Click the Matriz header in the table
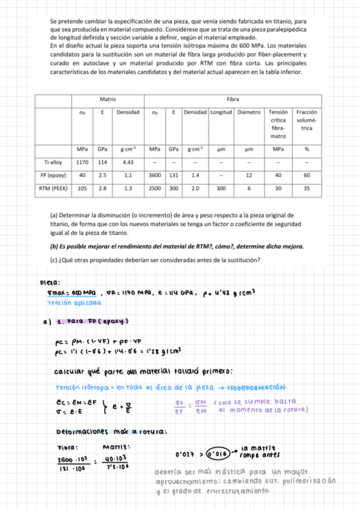pos(107,98)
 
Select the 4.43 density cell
pos(127,162)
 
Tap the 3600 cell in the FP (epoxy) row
pos(154,175)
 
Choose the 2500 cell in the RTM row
pos(154,188)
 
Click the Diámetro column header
pos(249,112)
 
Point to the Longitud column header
pos(221,112)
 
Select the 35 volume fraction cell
pos(307,188)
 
